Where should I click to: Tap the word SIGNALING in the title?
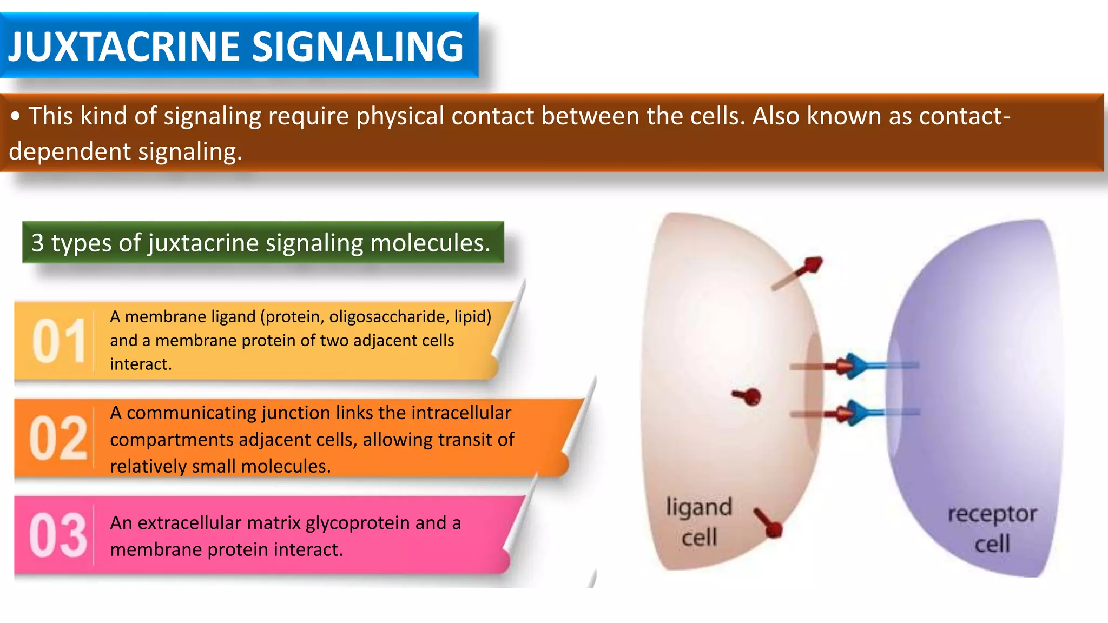point(358,47)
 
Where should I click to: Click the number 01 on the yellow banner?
point(58,341)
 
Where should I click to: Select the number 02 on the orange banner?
point(58,438)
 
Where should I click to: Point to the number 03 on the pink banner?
point(58,535)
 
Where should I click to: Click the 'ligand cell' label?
point(698,522)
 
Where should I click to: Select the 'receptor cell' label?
point(992,528)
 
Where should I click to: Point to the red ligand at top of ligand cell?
point(810,266)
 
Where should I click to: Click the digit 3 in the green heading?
point(37,243)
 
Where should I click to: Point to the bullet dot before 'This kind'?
point(16,116)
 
